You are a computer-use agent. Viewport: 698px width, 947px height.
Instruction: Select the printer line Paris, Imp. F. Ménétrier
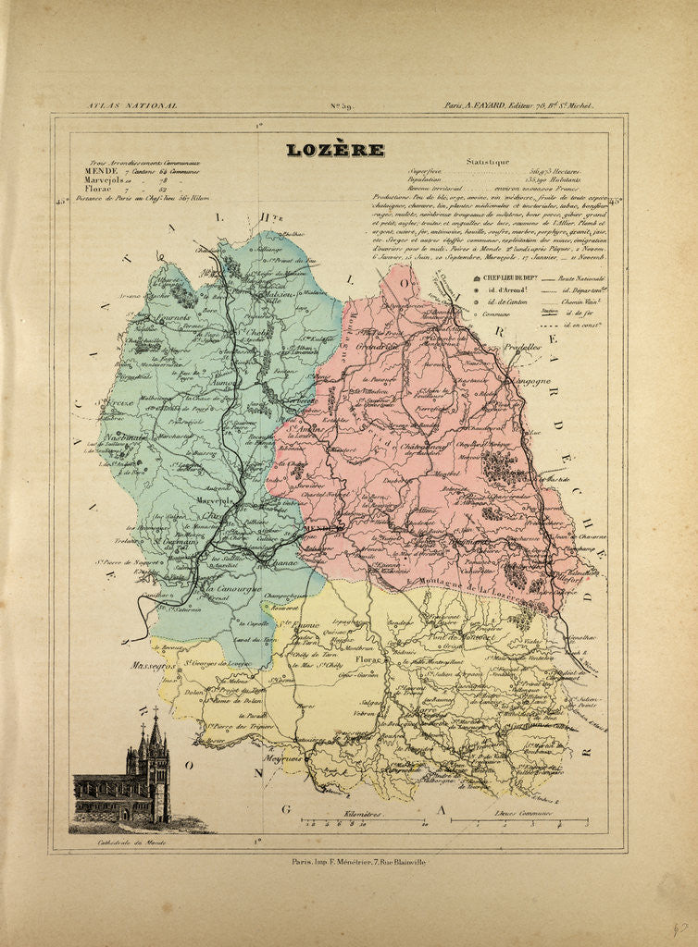350,862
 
